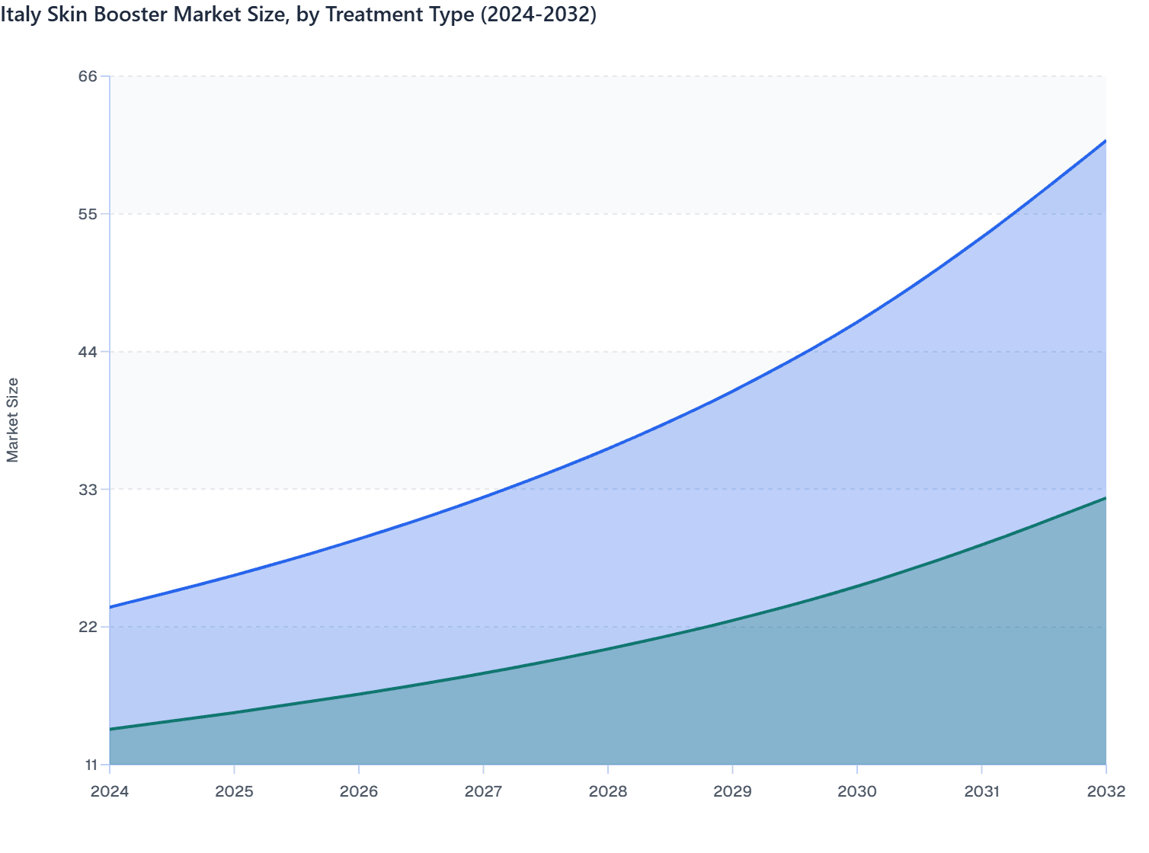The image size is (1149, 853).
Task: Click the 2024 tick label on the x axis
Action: click(x=110, y=791)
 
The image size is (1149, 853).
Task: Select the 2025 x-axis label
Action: click(x=234, y=791)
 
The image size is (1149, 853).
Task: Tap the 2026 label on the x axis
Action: click(x=359, y=791)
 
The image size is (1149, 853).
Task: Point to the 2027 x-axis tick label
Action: click(x=483, y=791)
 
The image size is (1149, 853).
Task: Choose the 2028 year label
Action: click(x=608, y=791)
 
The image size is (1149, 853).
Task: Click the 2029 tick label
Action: click(x=732, y=791)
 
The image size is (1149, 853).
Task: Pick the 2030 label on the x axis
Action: click(x=857, y=791)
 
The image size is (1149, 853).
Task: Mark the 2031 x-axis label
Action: click(x=981, y=791)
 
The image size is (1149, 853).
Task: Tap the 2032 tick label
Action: click(x=1106, y=791)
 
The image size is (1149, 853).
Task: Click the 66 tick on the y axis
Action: click(x=88, y=76)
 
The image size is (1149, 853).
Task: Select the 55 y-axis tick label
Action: click(x=88, y=214)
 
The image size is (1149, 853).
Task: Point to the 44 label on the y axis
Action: click(x=88, y=352)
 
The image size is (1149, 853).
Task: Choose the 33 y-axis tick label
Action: click(x=88, y=489)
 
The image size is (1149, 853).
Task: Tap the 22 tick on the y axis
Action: click(x=88, y=627)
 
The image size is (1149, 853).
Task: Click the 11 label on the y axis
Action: click(x=89, y=765)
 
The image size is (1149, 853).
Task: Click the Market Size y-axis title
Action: click(x=12, y=420)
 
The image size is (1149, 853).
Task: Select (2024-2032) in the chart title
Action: click(x=537, y=14)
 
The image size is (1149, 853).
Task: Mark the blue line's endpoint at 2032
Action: click(x=1106, y=141)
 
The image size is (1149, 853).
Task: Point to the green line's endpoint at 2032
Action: click(x=1106, y=498)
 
